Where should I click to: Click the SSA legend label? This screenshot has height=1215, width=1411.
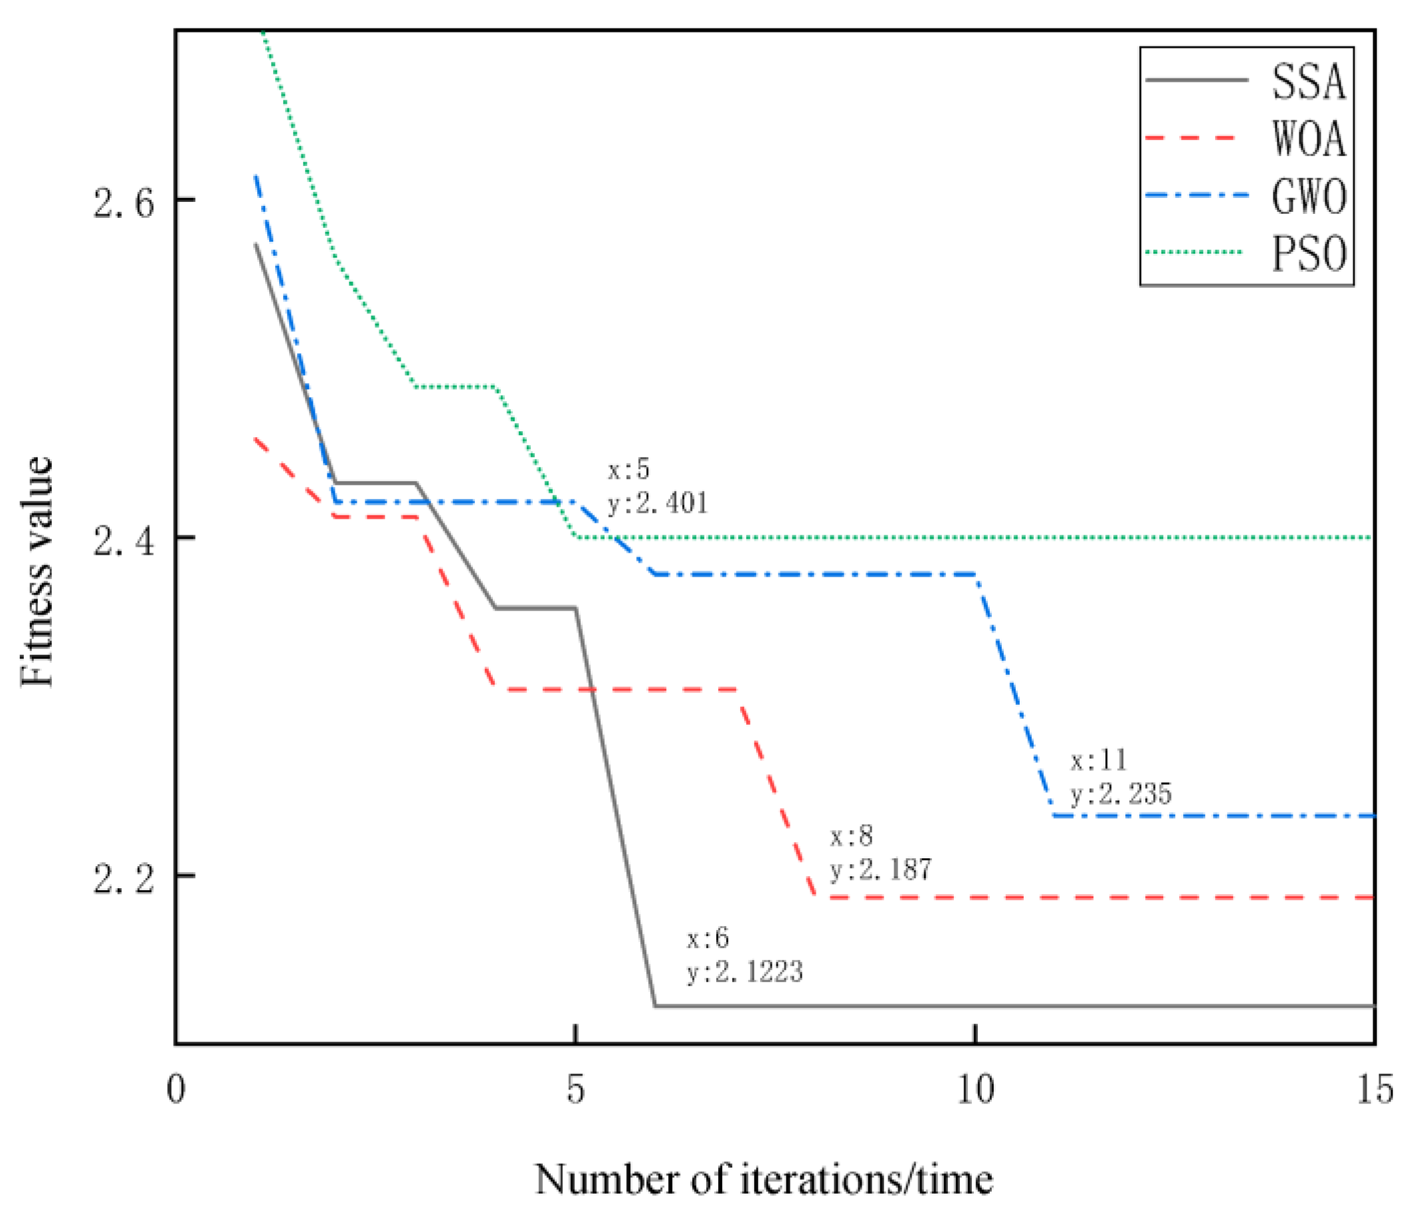pyautogui.click(x=1308, y=82)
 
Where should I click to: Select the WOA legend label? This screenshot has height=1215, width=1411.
pyautogui.click(x=1308, y=140)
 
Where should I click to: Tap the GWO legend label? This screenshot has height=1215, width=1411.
pyautogui.click(x=1308, y=197)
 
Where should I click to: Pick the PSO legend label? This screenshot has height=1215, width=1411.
pyautogui.click(x=1308, y=254)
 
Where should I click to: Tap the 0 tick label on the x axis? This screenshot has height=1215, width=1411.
pyautogui.click(x=175, y=1089)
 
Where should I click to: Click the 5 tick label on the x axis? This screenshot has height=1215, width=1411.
pyautogui.click(x=575, y=1089)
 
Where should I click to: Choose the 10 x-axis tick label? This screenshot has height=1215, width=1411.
pyautogui.click(x=975, y=1089)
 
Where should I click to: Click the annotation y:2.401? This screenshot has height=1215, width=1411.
pyautogui.click(x=658, y=504)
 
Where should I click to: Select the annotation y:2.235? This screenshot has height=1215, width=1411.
pyautogui.click(x=1121, y=794)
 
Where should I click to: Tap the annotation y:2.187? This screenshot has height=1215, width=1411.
pyautogui.click(x=880, y=870)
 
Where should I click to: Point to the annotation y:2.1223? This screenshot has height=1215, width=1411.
pyautogui.click(x=745, y=972)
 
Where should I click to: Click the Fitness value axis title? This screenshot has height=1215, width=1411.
pyautogui.click(x=36, y=572)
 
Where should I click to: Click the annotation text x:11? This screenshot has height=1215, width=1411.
pyautogui.click(x=1098, y=760)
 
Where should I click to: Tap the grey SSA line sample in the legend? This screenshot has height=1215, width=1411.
pyautogui.click(x=1196, y=80)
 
